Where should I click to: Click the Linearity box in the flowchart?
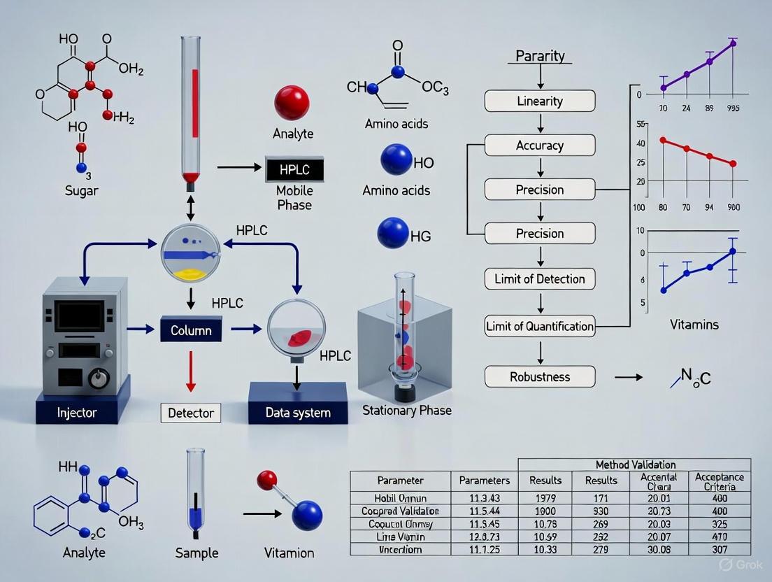[x=540, y=101]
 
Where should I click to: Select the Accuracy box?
[x=540, y=145]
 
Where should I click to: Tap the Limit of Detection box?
[x=540, y=279]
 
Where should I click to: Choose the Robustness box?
[x=540, y=376]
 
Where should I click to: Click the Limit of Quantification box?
[x=540, y=326]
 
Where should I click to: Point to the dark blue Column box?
[x=191, y=329]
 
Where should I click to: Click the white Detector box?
[x=191, y=413]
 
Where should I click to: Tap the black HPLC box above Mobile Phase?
[x=294, y=169]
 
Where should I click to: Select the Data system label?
[x=298, y=413]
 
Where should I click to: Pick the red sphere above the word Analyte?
[x=292, y=103]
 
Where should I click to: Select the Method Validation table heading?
[x=635, y=464]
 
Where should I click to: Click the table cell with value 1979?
[x=545, y=498]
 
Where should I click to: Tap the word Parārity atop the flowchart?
[x=540, y=55]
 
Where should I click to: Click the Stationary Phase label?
[x=407, y=411]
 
